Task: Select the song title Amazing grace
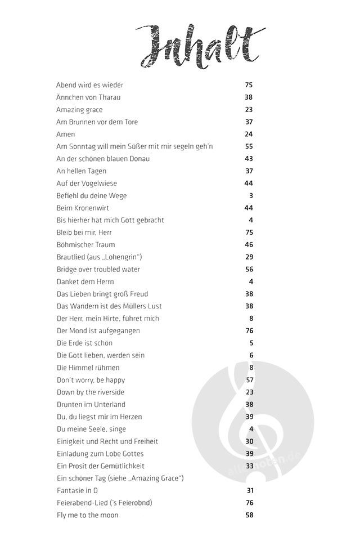(x=79, y=110)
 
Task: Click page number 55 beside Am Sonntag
(x=249, y=146)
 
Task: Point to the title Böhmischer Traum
(x=85, y=245)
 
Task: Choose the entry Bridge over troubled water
(x=98, y=269)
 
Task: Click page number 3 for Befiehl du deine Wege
(x=251, y=196)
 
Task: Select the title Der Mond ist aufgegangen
(x=98, y=330)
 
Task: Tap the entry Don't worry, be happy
(x=91, y=380)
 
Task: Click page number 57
(x=249, y=380)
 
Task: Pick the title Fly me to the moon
(x=87, y=515)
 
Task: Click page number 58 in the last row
(x=249, y=515)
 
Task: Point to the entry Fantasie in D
(x=78, y=490)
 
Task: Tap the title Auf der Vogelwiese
(x=87, y=184)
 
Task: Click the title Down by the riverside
(x=91, y=392)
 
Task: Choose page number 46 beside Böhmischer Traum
(x=249, y=245)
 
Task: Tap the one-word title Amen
(x=66, y=135)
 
